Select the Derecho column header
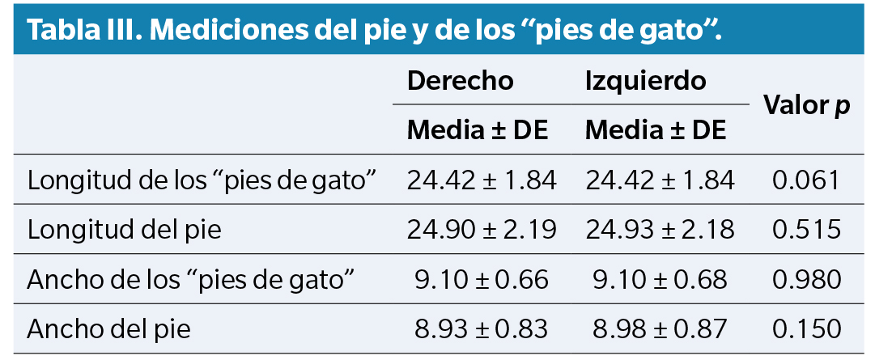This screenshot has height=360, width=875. point(460,81)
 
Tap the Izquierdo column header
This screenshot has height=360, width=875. point(645,81)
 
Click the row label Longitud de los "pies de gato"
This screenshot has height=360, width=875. point(203,180)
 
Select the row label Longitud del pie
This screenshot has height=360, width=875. point(124,230)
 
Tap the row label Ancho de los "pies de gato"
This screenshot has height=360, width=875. point(192,280)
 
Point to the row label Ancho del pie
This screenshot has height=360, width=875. point(108,330)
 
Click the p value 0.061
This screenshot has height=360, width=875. point(806,180)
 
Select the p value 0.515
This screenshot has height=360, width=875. point(806,230)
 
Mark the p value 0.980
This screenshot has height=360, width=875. point(806,280)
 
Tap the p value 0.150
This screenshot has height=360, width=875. point(806,330)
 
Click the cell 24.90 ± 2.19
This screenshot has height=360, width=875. point(482,230)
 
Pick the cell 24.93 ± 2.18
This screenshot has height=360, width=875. point(660,230)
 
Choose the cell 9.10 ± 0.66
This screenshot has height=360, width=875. point(482,280)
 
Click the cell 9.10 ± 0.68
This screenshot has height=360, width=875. point(660,280)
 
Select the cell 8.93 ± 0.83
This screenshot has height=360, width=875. point(482,330)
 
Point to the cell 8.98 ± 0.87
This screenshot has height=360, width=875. point(660,330)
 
